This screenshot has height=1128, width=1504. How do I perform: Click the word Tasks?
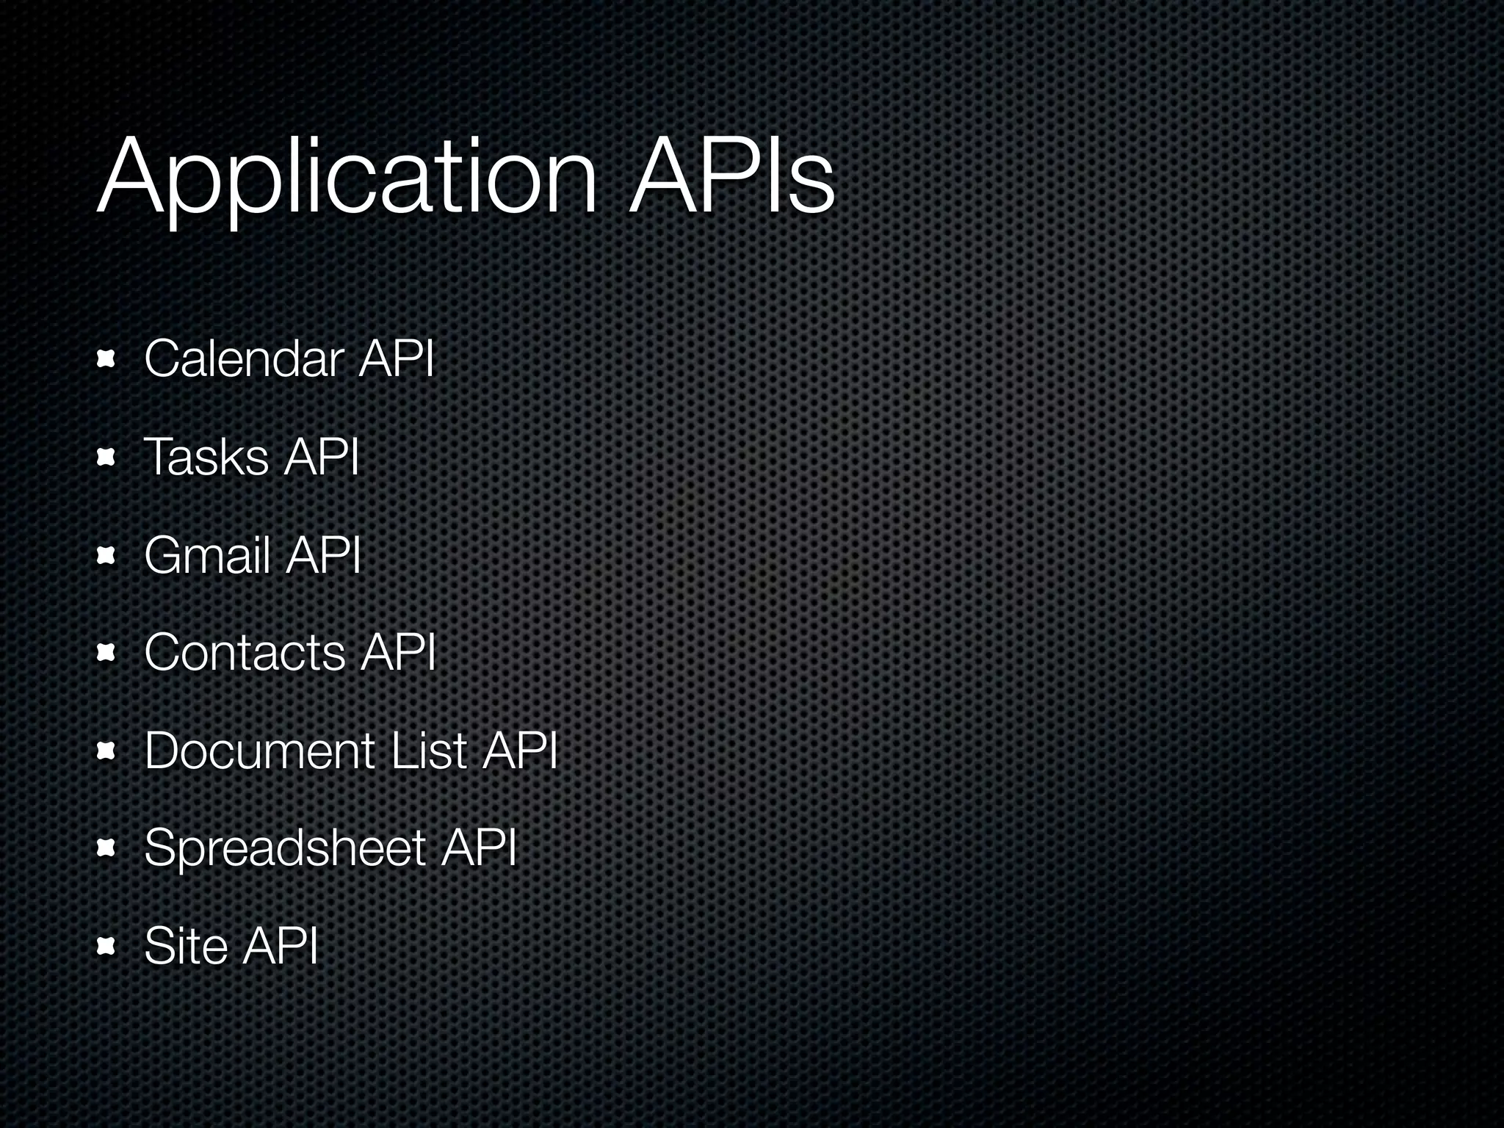pos(206,457)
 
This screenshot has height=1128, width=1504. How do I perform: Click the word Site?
pos(186,946)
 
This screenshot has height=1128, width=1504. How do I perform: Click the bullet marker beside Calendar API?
pos(106,360)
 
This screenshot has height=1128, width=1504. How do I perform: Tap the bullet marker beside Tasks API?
pos(106,458)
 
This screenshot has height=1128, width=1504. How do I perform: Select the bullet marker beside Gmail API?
pos(106,556)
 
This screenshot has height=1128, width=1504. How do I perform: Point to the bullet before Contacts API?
pos(106,654)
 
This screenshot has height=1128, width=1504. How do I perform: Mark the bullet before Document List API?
pos(106,751)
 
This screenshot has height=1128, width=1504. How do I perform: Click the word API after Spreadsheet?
pos(479,848)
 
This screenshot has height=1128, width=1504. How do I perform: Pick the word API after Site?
pos(281,946)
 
